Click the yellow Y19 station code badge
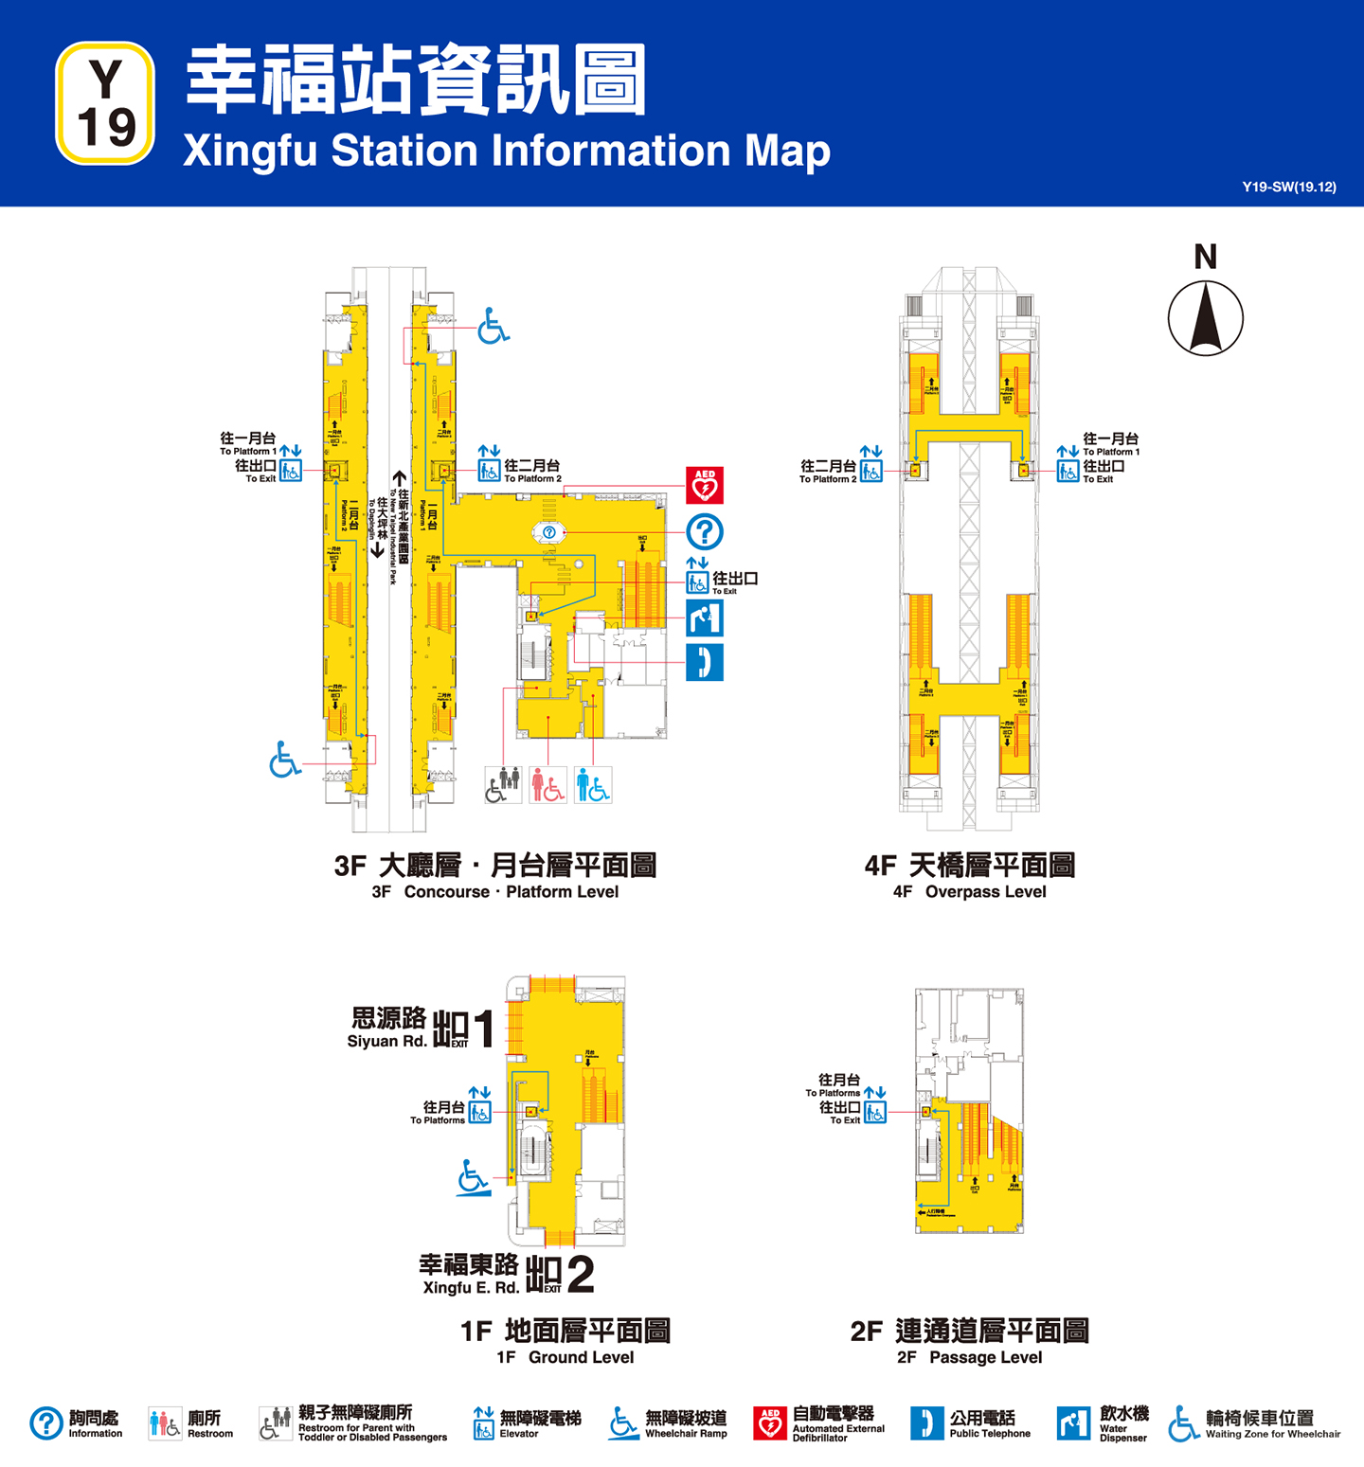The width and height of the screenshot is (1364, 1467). point(105,103)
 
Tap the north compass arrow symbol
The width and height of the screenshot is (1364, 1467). point(1205,318)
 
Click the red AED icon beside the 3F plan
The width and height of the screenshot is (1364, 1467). point(704,485)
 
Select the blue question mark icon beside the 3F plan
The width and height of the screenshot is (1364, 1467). point(704,532)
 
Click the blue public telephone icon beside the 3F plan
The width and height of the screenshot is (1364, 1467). point(704,662)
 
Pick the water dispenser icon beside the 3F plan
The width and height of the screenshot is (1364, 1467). point(704,618)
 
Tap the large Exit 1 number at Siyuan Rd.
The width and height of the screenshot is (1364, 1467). point(483,1029)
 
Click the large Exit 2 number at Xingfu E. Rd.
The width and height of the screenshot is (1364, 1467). point(579,1275)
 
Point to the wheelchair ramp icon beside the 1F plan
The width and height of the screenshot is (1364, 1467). point(473,1178)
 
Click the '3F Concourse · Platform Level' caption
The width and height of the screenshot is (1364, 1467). point(494,892)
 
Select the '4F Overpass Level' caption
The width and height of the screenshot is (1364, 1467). point(969,892)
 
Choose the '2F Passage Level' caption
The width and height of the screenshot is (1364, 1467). point(969,1357)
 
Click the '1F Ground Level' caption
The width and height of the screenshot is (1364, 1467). point(565,1357)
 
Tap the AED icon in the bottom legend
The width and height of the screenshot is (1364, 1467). point(770,1423)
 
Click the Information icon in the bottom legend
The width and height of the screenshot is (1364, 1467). point(46,1423)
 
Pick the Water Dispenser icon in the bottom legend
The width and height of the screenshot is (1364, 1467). point(1073,1423)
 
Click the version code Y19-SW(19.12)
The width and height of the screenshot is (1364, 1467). point(1288,187)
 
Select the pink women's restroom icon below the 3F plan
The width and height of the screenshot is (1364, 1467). point(547,785)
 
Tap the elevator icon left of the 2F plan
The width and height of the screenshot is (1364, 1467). point(875,1112)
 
